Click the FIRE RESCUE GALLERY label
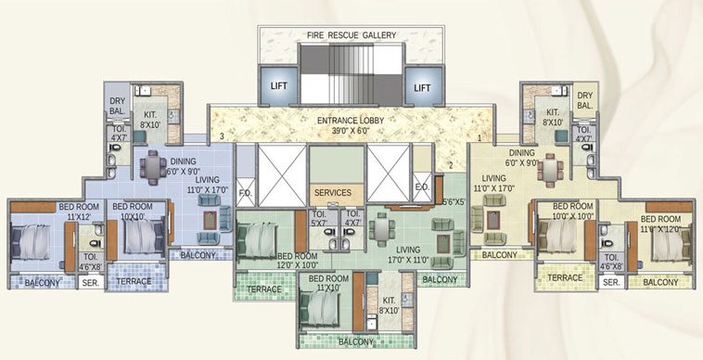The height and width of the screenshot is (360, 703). coord(351,36)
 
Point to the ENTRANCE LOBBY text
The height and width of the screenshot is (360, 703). coord(351,121)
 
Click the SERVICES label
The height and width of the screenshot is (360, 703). coord(332,193)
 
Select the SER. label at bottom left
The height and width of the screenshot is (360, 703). coord(90,282)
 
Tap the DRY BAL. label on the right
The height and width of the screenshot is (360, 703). coord(584,101)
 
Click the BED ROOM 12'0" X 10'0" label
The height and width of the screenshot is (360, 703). coord(298,260)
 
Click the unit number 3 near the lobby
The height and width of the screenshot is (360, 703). coord(222,137)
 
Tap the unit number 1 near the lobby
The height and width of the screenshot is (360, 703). coord(479,137)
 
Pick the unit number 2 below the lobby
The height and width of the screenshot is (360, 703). coord(452,165)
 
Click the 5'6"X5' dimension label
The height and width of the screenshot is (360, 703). coord(454,201)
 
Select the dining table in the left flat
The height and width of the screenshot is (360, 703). coord(153,167)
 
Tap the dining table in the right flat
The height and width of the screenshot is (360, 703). coord(550,171)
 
